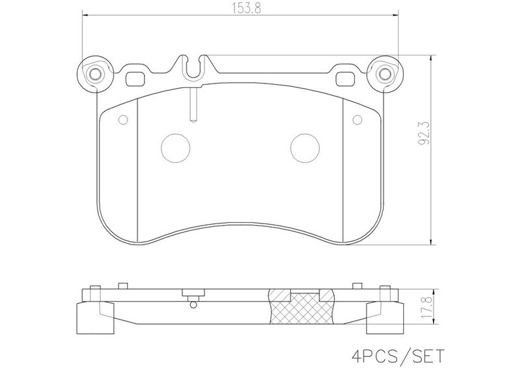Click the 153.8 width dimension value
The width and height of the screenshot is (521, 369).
point(246,8)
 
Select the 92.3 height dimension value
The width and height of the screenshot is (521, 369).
point(424,132)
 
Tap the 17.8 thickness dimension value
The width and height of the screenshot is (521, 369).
point(427,308)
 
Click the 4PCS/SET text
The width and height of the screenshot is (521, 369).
point(398,357)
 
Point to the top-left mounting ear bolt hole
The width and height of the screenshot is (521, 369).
point(95,74)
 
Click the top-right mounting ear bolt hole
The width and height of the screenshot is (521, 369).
point(385,74)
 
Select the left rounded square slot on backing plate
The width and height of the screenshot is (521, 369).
point(135,79)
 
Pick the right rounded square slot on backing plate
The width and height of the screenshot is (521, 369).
point(345,79)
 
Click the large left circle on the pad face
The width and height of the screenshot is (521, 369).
point(175,148)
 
